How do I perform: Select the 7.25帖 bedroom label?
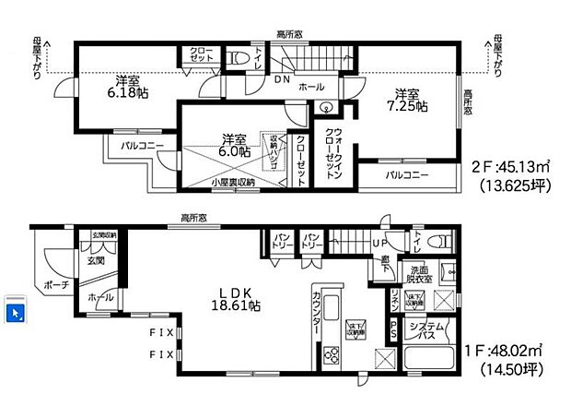coord(409,100)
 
